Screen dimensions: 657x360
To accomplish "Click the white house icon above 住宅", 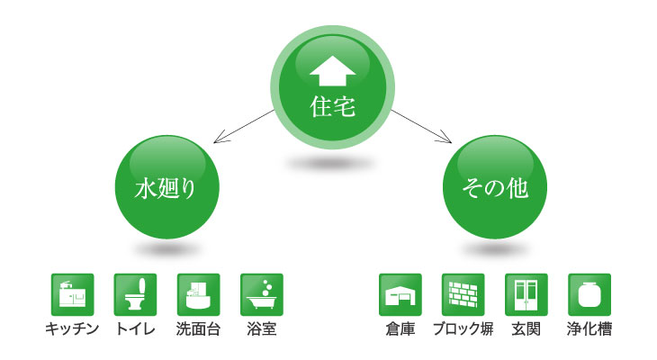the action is (x=333, y=71).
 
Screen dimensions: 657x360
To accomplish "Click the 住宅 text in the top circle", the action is (x=333, y=106).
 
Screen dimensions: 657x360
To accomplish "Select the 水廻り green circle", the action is (x=166, y=187).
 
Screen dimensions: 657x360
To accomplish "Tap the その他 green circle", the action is (x=495, y=187).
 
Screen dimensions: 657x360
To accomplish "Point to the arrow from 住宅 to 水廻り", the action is (x=244, y=126).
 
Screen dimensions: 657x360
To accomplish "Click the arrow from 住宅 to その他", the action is (x=421, y=126).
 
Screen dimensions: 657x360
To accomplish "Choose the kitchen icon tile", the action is (x=73, y=294).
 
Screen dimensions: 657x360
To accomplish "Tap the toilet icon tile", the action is (x=135, y=294).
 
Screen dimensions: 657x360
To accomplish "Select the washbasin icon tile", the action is (x=199, y=294).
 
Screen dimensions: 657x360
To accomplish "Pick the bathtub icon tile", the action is (x=262, y=294).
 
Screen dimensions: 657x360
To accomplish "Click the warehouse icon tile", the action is (x=400, y=294).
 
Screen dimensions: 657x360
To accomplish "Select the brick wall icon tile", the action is (x=463, y=294).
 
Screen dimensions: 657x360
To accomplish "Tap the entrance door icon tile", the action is (x=526, y=294).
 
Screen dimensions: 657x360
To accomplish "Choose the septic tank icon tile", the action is (x=589, y=294).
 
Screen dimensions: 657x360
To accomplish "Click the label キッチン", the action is (x=72, y=329).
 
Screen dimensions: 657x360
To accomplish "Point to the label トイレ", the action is (x=135, y=329).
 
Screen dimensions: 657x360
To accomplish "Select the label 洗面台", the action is (x=198, y=329).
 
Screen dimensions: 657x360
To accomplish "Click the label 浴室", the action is (x=262, y=329).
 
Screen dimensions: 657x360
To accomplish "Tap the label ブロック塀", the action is (x=463, y=329).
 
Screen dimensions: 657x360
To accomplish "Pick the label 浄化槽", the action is (x=589, y=329).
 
